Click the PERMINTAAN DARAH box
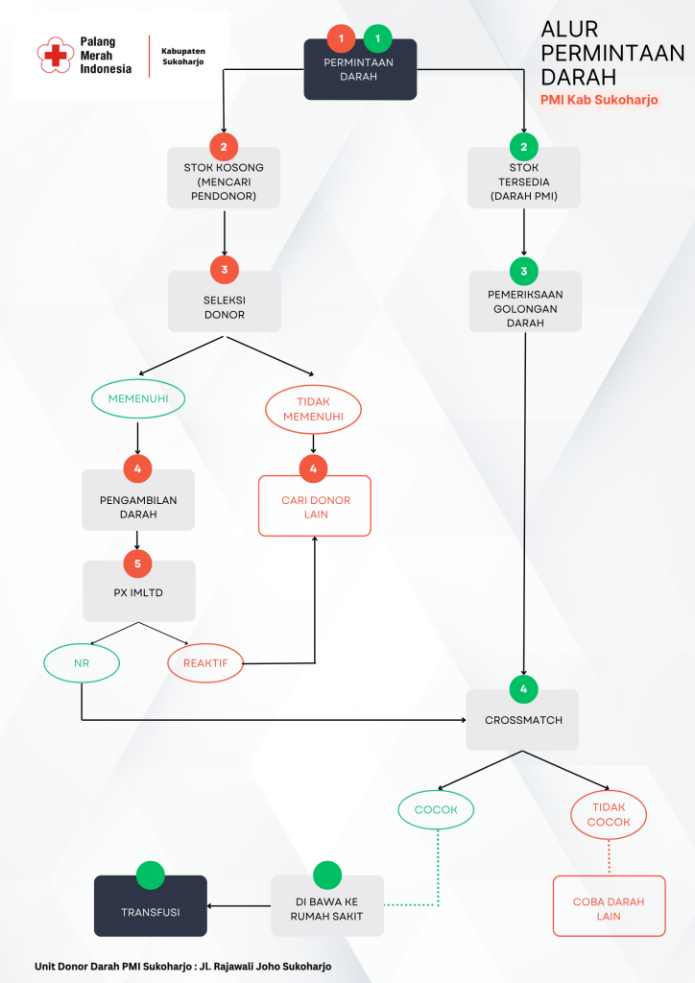360,70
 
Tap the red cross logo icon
54,56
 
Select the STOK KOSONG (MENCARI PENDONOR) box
224,179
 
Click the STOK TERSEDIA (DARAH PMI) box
524,179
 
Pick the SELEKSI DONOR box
224,303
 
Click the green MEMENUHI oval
138,398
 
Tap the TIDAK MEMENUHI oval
313,410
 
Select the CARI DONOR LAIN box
315,506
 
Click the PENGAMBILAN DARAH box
138,503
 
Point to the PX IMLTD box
138,592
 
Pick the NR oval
82,662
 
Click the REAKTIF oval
205,662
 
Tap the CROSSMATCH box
522,720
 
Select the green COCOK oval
437,809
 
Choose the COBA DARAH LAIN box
609,907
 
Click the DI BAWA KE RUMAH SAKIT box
327,907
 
